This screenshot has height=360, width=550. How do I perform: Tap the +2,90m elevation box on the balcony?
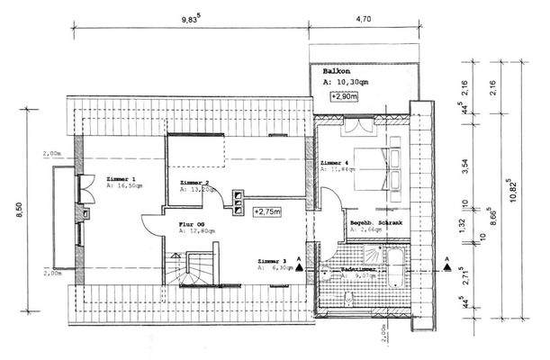pyautogui.click(x=344, y=96)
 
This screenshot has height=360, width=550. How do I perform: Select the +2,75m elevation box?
pyautogui.click(x=266, y=212)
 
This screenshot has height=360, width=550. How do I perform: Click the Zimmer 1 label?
pyautogui.click(x=120, y=179)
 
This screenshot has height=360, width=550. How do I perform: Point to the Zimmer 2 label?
pyautogui.click(x=196, y=182)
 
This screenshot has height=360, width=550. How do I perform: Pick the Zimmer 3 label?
pyautogui.click(x=271, y=259)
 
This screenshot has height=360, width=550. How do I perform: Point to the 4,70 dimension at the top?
pyautogui.click(x=365, y=16)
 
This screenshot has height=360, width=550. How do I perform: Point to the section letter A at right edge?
pyautogui.click(x=446, y=258)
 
